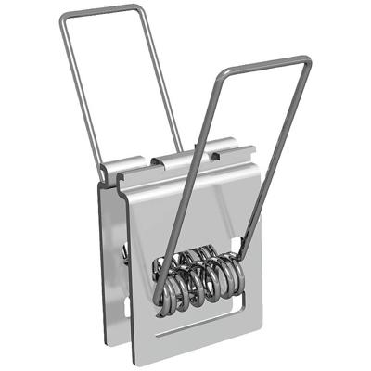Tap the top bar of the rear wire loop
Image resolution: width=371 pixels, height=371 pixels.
point(102,11)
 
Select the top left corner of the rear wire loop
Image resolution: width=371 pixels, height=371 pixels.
point(63,17)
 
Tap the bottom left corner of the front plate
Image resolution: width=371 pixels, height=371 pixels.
point(136,360)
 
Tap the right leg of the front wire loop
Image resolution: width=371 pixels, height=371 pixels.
point(278,158)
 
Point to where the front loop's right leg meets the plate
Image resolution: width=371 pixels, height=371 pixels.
point(244,249)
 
